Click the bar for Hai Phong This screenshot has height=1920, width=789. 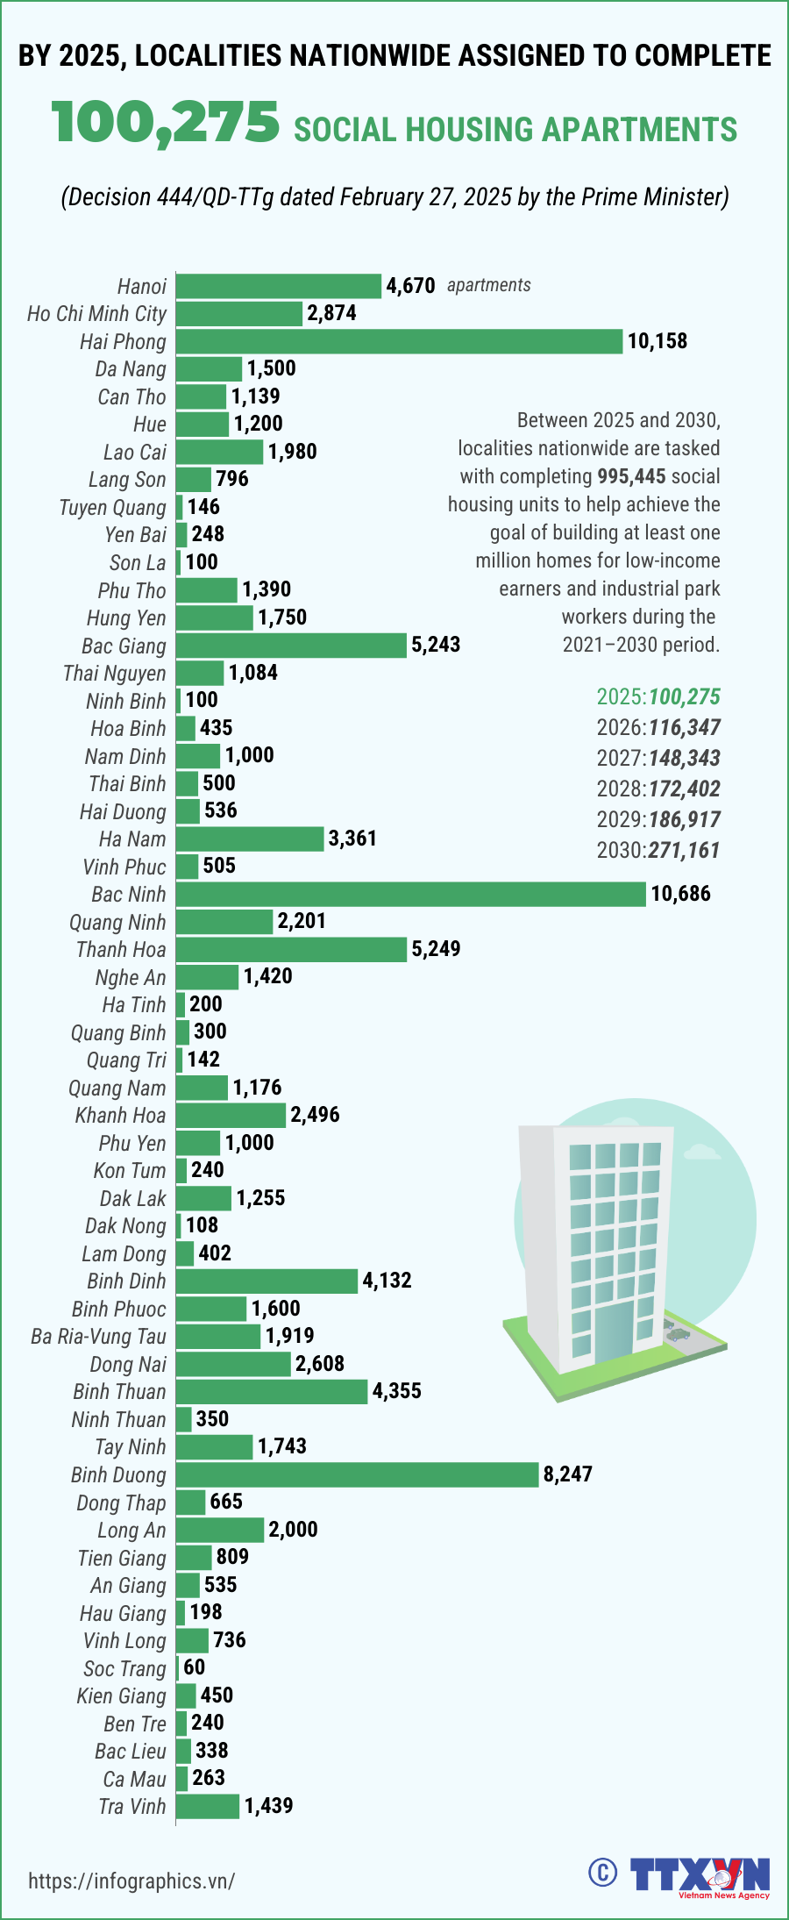pyautogui.click(x=399, y=341)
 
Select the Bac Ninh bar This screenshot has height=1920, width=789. pyautogui.click(x=410, y=894)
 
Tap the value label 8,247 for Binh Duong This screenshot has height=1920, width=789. pyautogui.click(x=568, y=1474)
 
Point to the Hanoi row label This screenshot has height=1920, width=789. pyautogui.click(x=141, y=286)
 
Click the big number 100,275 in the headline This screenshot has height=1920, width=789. pyautogui.click(x=166, y=123)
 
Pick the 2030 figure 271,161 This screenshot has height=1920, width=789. pyautogui.click(x=684, y=850)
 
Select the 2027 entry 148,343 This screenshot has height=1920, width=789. pyautogui.click(x=684, y=758)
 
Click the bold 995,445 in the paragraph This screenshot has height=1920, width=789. pyautogui.click(x=631, y=476)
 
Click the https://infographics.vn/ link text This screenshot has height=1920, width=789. pyautogui.click(x=131, y=1881)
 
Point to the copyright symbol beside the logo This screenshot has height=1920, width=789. pyautogui.click(x=602, y=1873)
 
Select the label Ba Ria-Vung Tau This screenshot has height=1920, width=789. pyautogui.click(x=98, y=1336)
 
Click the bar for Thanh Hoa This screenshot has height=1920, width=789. pyautogui.click(x=291, y=949)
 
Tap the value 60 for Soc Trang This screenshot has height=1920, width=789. pyautogui.click(x=195, y=1667)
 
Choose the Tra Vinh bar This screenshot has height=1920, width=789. pyautogui.click(x=208, y=1805)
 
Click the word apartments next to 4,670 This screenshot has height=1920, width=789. pyautogui.click(x=488, y=285)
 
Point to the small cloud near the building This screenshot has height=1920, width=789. pyautogui.click(x=700, y=1150)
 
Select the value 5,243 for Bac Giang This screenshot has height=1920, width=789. pyautogui.click(x=436, y=645)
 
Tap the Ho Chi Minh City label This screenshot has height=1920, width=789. pyautogui.click(x=96, y=314)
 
